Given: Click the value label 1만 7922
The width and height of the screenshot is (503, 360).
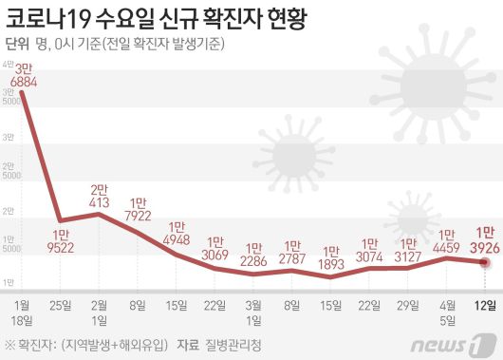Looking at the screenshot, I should tap(140, 209).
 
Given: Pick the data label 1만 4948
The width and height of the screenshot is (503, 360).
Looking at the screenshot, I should tap(178, 233).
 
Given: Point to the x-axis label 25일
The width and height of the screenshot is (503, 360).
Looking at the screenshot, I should tap(62, 304).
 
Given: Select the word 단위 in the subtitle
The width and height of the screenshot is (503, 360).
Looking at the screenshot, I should tap(16, 44).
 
